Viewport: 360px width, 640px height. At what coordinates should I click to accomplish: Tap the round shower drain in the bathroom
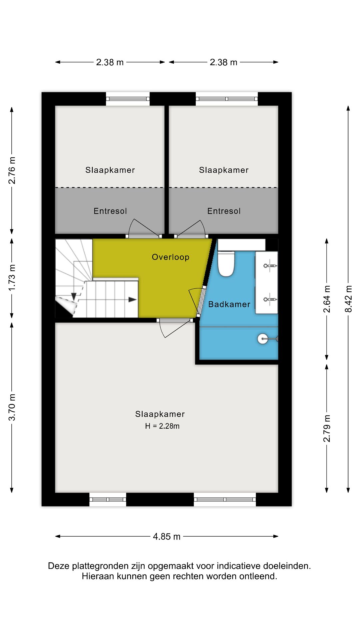(262, 339)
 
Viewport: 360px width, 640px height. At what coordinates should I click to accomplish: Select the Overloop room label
(170, 257)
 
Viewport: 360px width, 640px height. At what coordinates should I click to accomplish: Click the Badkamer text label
(229, 304)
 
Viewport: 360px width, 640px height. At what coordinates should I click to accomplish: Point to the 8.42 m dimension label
(348, 299)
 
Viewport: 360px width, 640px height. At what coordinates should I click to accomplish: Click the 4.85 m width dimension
(167, 536)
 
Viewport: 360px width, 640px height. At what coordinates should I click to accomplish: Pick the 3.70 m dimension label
(12, 407)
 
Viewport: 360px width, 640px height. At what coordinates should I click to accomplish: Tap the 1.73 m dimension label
(12, 277)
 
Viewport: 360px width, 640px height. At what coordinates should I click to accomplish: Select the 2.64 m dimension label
(327, 299)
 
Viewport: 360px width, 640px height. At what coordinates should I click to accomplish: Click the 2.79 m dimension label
(327, 429)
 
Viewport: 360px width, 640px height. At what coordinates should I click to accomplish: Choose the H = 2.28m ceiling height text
(162, 426)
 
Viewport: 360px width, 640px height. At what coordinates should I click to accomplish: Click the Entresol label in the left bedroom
(110, 211)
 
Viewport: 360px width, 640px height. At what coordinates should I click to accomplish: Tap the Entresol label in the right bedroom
(224, 211)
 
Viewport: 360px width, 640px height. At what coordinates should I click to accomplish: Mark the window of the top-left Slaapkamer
(128, 99)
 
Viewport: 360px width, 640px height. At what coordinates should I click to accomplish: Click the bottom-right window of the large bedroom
(225, 499)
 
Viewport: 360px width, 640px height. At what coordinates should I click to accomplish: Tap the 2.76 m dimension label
(12, 170)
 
